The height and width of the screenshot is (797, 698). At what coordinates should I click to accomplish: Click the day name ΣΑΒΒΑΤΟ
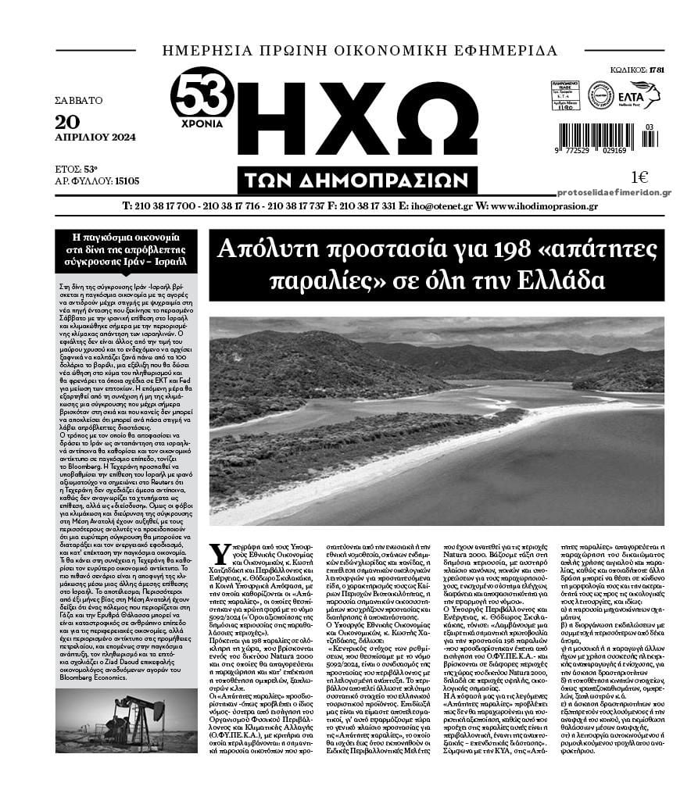[x=79, y=101]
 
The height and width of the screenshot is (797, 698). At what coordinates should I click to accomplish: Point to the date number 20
[x=68, y=120]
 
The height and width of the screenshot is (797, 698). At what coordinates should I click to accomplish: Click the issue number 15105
[x=127, y=180]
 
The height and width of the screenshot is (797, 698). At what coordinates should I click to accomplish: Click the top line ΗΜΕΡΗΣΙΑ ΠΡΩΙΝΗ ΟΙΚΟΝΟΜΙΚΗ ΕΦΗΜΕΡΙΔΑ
[x=360, y=51]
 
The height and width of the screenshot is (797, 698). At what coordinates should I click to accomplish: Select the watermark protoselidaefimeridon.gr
[x=614, y=192]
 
